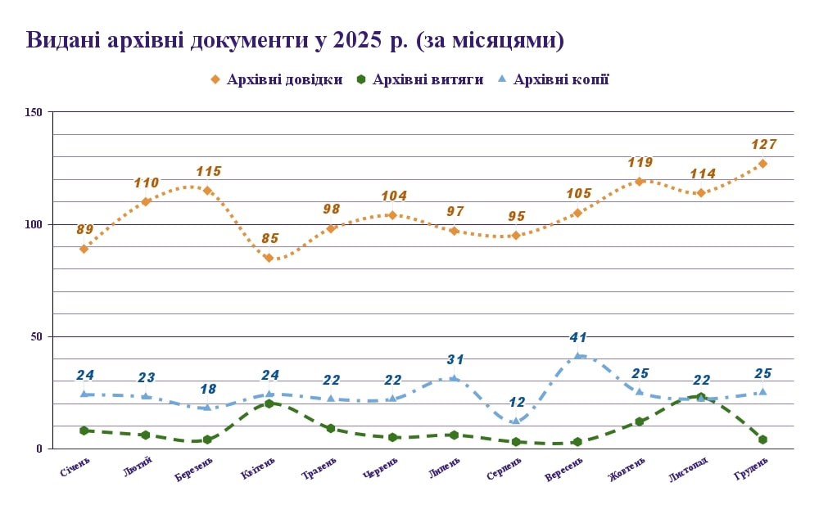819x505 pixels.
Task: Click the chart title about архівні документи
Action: [295, 40]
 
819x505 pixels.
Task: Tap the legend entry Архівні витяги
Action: [419, 79]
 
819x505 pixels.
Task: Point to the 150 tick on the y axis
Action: [35, 112]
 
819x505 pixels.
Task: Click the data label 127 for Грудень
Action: [763, 145]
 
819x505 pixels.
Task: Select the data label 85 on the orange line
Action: [269, 239]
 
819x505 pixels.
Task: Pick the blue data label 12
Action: [516, 402]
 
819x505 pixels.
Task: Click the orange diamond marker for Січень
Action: [84, 249]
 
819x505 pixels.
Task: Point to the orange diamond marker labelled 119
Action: [640, 182]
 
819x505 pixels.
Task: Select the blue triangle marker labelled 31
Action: [455, 378]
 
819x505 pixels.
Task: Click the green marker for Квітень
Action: [269, 404]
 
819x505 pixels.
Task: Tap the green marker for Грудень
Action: [762, 440]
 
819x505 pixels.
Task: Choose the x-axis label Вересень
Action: [563, 470]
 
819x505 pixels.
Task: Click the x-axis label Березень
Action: [194, 471]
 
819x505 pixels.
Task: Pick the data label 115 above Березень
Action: [208, 172]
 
